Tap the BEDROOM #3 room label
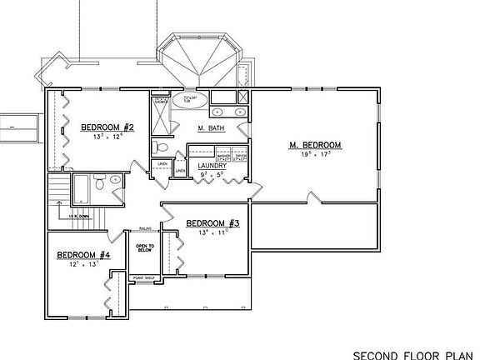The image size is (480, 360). (x=213, y=223)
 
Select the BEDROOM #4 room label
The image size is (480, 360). (x=83, y=255)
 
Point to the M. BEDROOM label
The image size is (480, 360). (x=316, y=145)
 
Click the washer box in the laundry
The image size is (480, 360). (x=223, y=156)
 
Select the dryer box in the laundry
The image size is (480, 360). (x=241, y=156)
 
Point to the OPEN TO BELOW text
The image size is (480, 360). (x=146, y=251)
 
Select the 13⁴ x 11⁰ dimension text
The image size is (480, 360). (x=212, y=233)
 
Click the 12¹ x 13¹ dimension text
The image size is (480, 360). (x=82, y=265)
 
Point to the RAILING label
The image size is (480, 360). (x=144, y=226)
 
